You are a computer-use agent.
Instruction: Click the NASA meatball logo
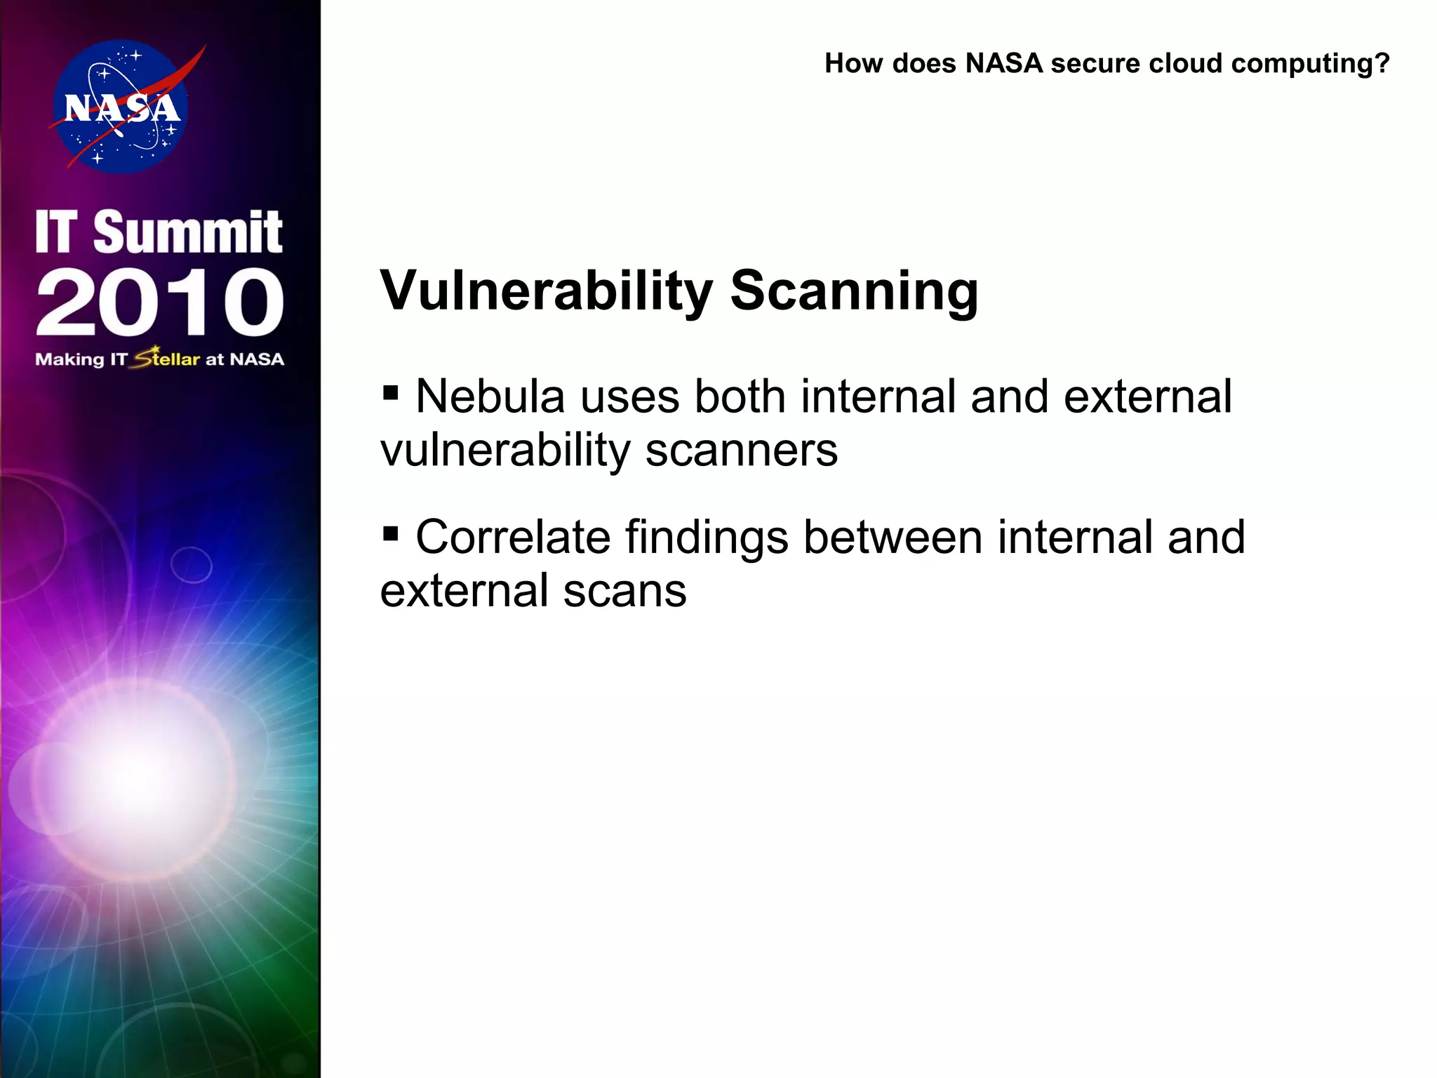pos(121,107)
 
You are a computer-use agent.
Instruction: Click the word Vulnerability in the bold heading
pos(546,291)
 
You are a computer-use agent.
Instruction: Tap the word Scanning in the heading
pos(854,291)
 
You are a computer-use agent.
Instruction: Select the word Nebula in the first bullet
pos(490,397)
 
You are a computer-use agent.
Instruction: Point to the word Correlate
pos(513,538)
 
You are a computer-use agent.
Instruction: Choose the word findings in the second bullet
pos(707,538)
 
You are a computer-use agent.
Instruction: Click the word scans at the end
pos(624,591)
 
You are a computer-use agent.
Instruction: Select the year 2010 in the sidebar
pos(160,302)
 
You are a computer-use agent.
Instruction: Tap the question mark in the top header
pos(1382,63)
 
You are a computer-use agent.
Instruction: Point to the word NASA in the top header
pos(1004,63)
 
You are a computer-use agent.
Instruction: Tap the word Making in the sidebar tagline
pos(69,359)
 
